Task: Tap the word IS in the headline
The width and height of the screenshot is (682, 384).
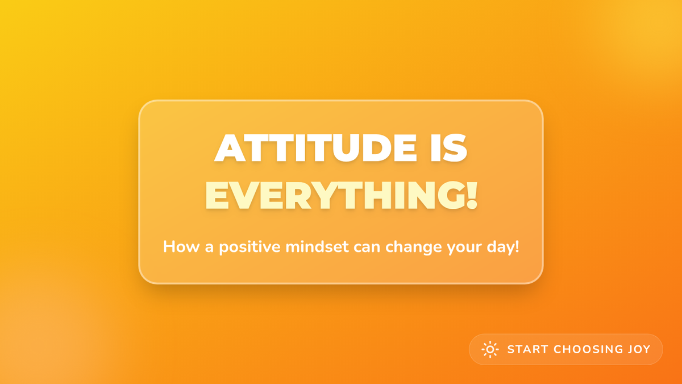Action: tap(449, 148)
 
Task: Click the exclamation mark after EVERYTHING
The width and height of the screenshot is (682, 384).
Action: tap(472, 195)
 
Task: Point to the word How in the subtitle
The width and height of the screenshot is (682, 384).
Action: tap(181, 246)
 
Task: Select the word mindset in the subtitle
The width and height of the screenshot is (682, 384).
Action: tap(317, 246)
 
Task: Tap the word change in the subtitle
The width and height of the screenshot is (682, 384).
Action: tap(414, 247)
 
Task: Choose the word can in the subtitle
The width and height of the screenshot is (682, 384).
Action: tap(367, 248)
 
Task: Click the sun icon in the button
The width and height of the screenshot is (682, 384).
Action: tap(490, 349)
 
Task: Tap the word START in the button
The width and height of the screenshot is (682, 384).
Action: tap(527, 349)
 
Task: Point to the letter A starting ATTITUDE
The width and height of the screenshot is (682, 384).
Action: tap(230, 148)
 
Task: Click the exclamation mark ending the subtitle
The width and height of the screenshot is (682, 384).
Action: tap(517, 246)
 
